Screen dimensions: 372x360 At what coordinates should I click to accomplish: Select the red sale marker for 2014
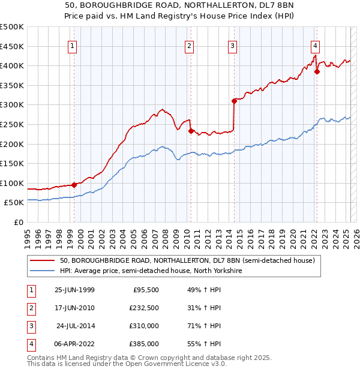[235, 101]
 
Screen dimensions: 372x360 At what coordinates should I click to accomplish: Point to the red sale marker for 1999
[74, 185]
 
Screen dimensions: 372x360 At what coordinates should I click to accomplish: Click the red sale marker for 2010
[191, 131]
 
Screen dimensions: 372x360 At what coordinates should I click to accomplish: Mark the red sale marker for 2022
[317, 72]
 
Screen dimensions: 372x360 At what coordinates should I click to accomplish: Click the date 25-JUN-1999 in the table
[74, 290]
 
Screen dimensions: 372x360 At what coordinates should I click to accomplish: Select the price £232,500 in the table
[144, 308]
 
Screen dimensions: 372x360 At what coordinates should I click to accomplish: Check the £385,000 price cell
[144, 344]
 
